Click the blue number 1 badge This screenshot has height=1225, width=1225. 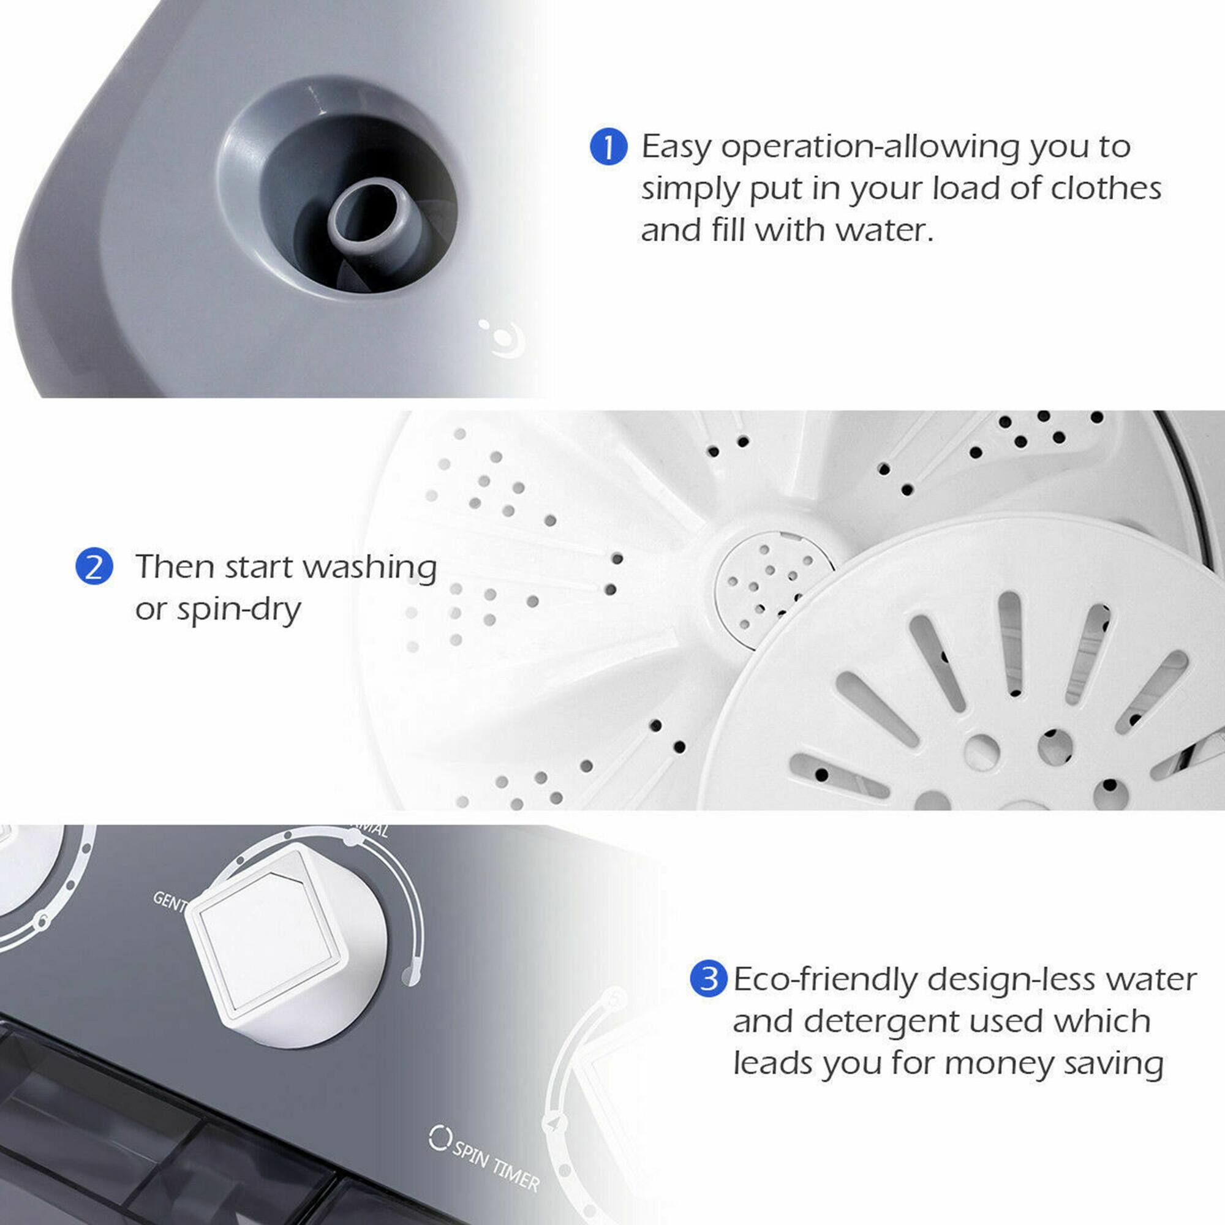coord(608,147)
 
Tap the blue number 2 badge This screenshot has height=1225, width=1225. coord(94,566)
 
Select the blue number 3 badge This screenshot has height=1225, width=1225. coord(707,979)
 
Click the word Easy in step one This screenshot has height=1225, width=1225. coord(676,147)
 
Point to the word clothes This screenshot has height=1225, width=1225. coord(1106,188)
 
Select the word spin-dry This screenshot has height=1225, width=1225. coord(238,610)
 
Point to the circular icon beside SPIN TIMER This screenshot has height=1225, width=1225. coord(439,1138)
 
